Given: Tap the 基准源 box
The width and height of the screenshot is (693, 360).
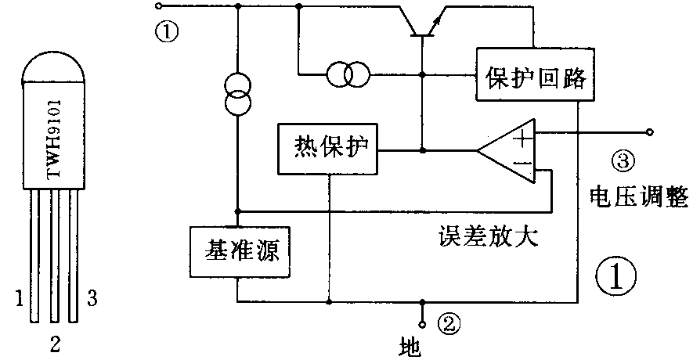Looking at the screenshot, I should (x=236, y=251).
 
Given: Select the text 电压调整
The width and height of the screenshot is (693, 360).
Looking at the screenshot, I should (x=626, y=197).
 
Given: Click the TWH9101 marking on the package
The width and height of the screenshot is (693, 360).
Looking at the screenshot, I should (x=54, y=137).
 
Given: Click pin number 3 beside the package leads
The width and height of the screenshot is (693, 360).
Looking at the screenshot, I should (x=92, y=297).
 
